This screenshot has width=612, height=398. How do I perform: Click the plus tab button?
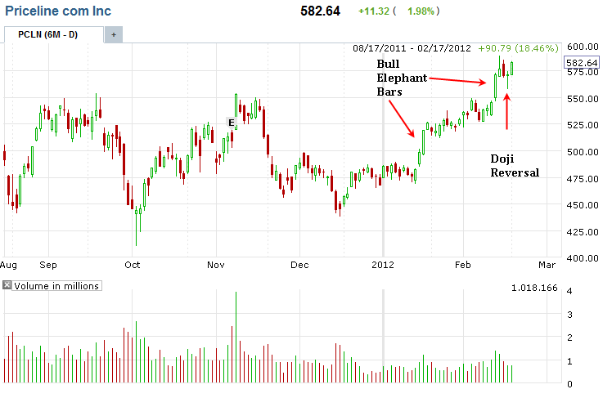(x=113, y=35)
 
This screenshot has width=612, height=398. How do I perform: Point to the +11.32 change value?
(x=372, y=12)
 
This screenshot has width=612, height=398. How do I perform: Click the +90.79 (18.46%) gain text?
(x=520, y=47)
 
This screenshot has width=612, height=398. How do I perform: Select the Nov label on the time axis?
(x=216, y=265)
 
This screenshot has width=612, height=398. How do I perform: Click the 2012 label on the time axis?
(x=383, y=265)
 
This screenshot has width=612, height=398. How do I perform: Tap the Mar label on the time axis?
(x=547, y=265)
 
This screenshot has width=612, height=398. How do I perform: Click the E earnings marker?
(x=232, y=123)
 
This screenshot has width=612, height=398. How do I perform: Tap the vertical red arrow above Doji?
(x=507, y=111)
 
